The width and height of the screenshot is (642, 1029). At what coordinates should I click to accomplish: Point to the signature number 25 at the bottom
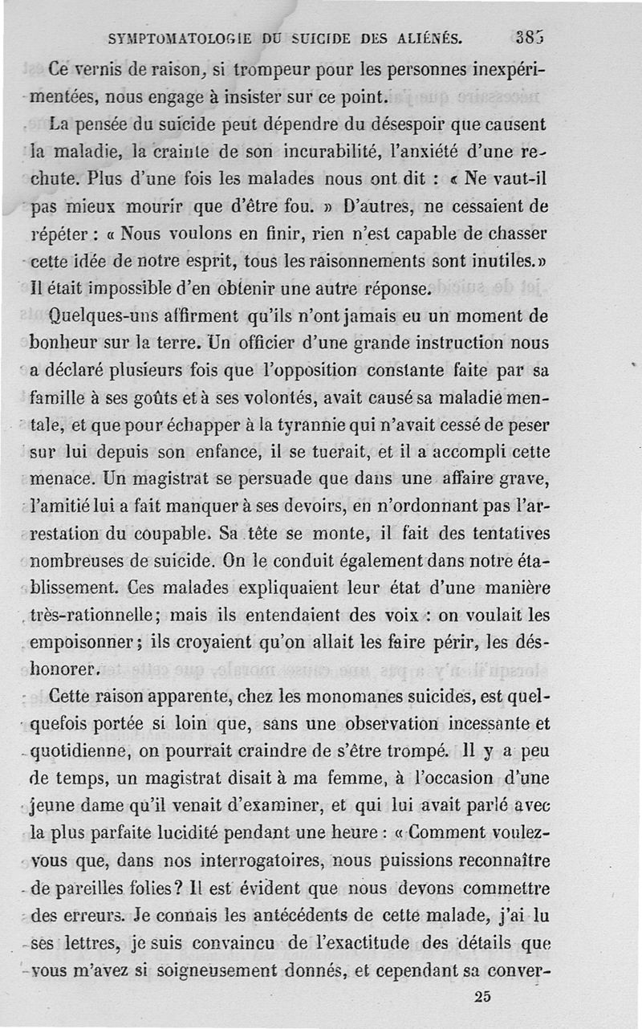coord(482,997)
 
